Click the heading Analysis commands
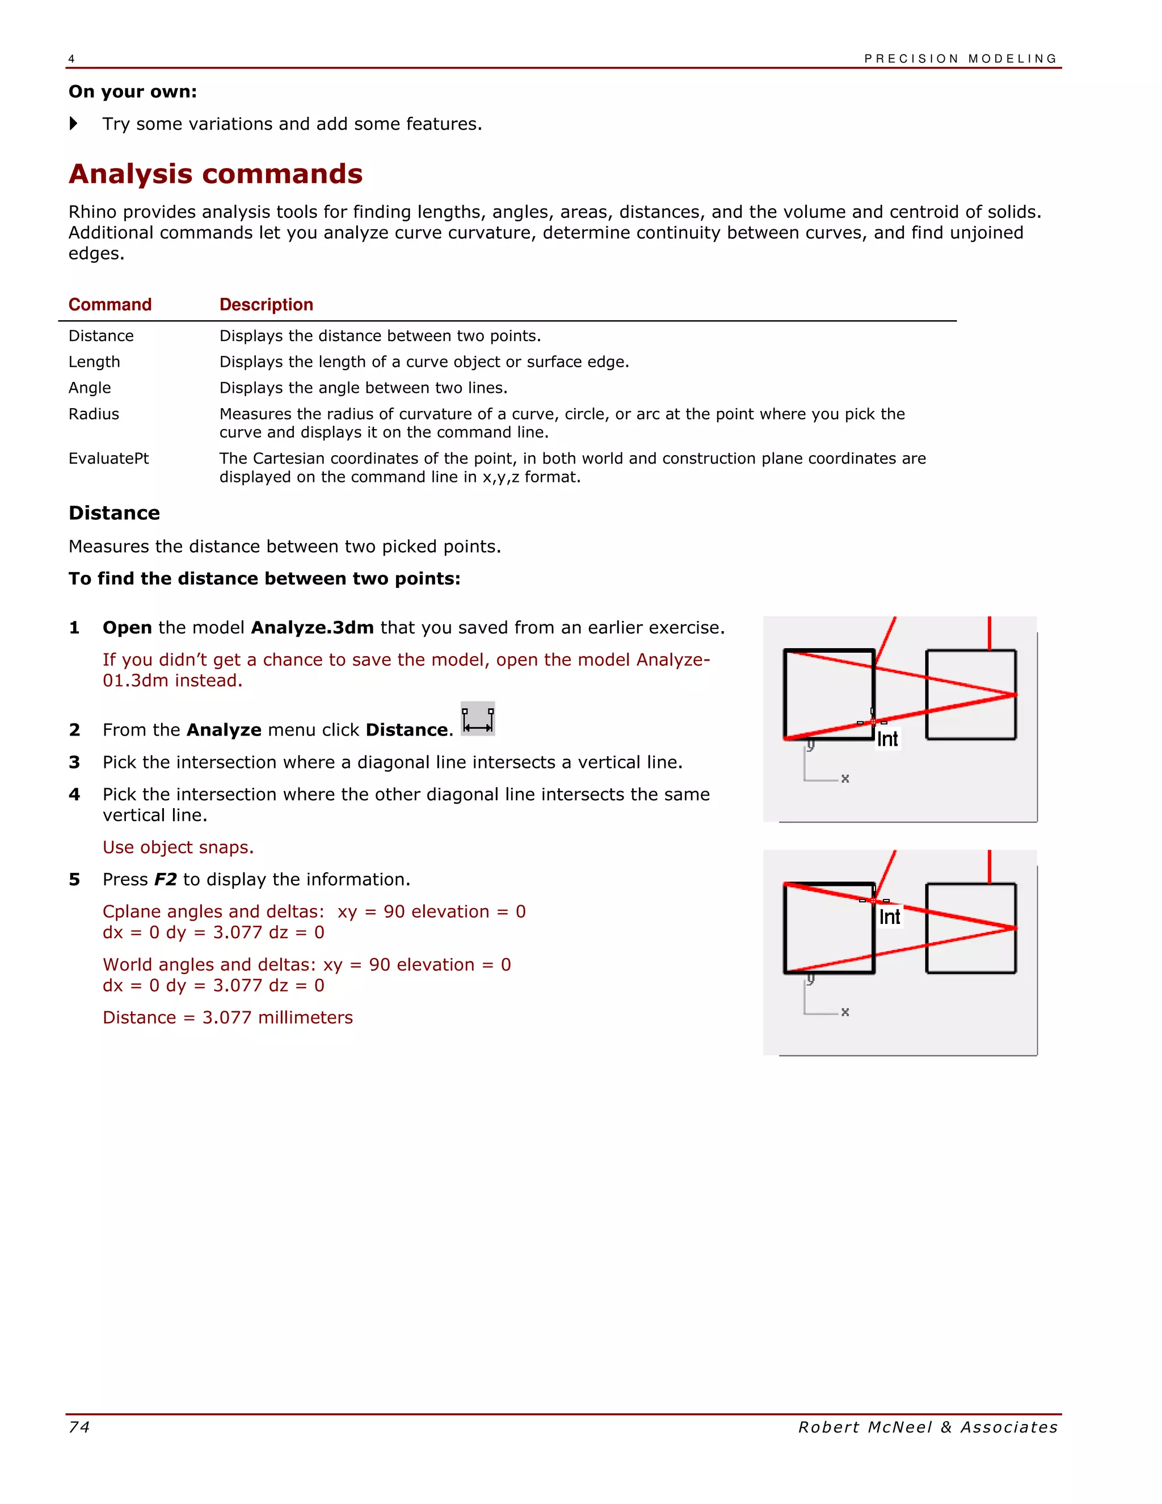pos(216,174)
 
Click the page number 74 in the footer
pos(79,1427)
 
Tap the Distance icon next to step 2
pos(478,720)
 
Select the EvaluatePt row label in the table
pos(109,459)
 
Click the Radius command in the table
pos(94,414)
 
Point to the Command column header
pos(110,304)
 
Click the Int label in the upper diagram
pos(887,740)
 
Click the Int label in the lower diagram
pos(890,917)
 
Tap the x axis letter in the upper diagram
pos(845,779)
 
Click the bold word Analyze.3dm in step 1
pos(313,627)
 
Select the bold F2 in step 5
pos(165,879)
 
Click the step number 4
pos(74,795)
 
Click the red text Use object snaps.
pos(178,847)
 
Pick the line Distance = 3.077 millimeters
pos(228,1017)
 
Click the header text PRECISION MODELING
pos(961,58)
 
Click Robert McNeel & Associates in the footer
pos(927,1427)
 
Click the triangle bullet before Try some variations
pos(74,124)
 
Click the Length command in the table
pos(94,362)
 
